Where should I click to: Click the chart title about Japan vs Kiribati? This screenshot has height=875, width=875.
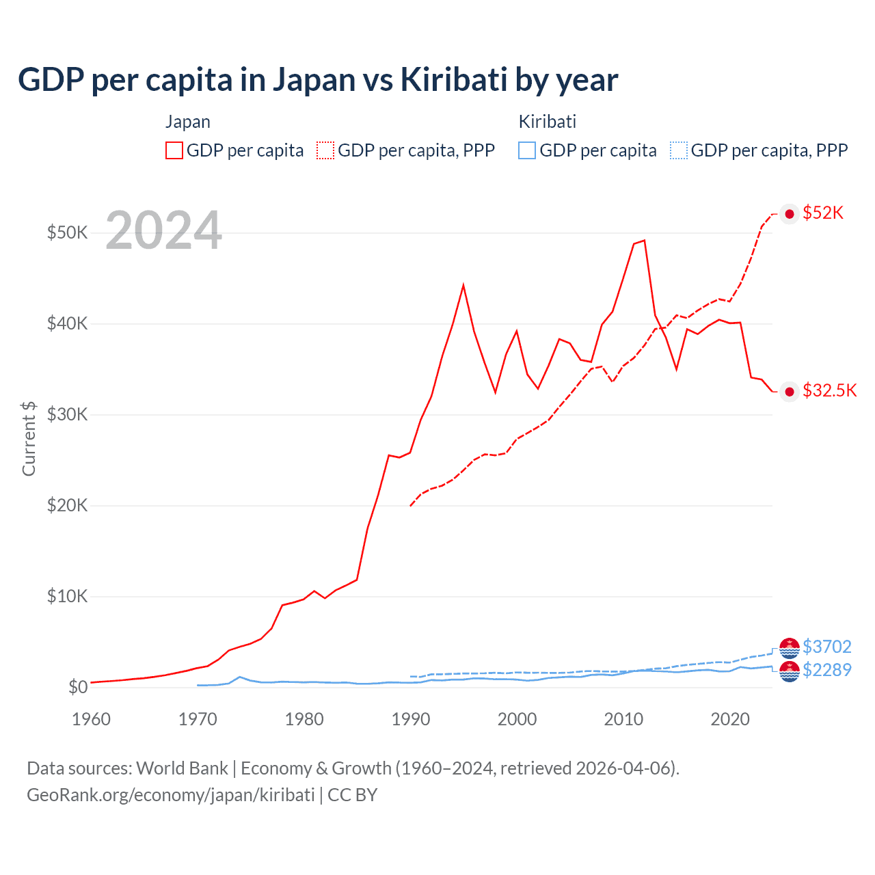coord(318,80)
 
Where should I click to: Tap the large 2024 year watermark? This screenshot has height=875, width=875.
coord(163,231)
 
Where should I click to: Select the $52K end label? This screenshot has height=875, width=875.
coord(823,213)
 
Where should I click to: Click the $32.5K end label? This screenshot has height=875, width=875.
coord(829,390)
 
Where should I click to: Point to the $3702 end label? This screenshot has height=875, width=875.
coord(826,647)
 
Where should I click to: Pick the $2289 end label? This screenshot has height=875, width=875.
coord(826,670)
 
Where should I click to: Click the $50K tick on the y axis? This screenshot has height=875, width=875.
coord(67,232)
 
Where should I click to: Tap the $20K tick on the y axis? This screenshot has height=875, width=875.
coord(67,505)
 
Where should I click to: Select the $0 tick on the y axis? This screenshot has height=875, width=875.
coord(78,687)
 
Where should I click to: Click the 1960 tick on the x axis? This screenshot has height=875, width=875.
coord(91,719)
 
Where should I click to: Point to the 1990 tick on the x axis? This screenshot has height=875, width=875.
coord(411,719)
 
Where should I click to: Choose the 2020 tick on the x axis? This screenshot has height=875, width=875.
coord(730,719)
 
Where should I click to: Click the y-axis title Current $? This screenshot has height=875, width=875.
coord(29,438)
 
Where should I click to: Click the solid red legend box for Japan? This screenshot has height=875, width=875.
coord(174,150)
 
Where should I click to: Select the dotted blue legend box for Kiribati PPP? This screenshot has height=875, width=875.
coord(679,150)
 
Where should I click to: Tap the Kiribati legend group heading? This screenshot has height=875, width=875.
coord(547,122)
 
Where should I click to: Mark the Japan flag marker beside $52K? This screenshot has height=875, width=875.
coord(790,214)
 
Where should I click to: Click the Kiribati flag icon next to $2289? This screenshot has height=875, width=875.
coord(790,671)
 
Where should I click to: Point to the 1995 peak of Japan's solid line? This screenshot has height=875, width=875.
coord(463,285)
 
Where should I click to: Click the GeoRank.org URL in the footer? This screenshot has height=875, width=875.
coord(170,795)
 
